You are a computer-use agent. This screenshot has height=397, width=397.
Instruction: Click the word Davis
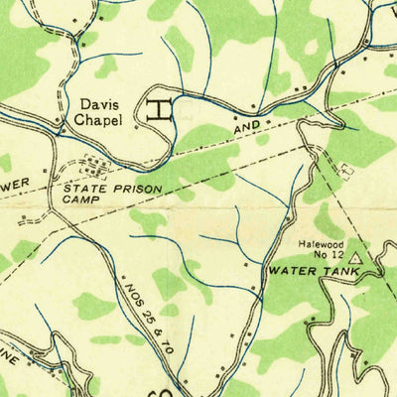click(x=98, y=103)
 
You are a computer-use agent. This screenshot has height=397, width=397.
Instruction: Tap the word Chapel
click(x=98, y=119)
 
